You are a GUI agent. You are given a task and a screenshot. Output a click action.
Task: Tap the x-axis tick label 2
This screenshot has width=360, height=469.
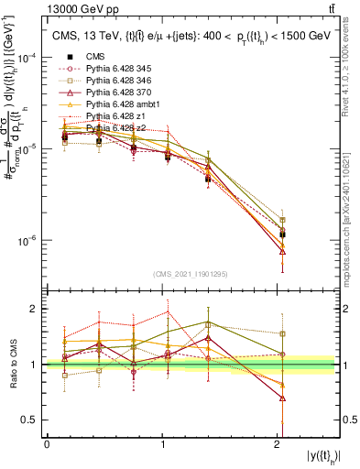(x=278, y=444)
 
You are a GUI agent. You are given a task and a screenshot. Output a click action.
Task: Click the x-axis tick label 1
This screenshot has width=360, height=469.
(x=163, y=444)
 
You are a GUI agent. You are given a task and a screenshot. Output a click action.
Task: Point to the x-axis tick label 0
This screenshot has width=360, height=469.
(x=47, y=444)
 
